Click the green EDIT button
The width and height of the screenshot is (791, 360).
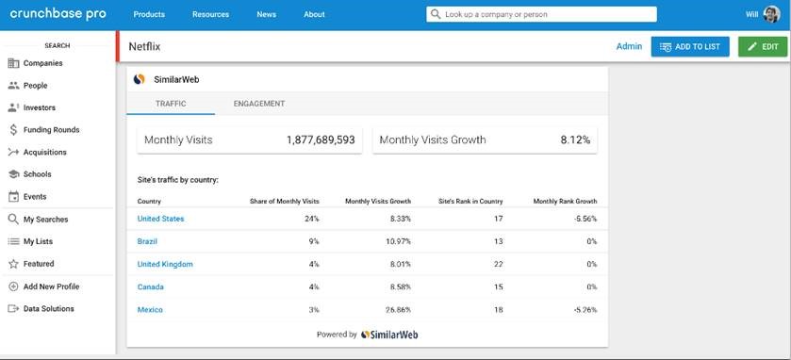pos(762,46)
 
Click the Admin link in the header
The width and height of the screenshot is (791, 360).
pos(629,46)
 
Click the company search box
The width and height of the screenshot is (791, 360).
pos(541,14)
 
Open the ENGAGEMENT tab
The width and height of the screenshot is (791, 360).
pos(258,104)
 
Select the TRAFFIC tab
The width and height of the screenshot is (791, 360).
pos(171,104)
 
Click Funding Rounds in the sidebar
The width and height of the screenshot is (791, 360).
pos(50,130)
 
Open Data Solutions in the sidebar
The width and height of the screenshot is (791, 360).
pos(47,309)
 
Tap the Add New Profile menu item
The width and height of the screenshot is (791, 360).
pos(50,286)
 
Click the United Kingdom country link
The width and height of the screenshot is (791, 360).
pos(165,264)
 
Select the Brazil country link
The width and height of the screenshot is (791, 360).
pos(149,241)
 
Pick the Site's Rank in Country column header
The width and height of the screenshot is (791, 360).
pos(470,201)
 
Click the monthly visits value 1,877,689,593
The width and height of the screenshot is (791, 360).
pos(321,139)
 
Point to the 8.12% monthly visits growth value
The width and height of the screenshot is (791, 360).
pos(574,139)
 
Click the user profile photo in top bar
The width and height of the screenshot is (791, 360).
pos(771,14)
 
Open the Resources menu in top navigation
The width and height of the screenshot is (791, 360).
pos(210,14)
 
